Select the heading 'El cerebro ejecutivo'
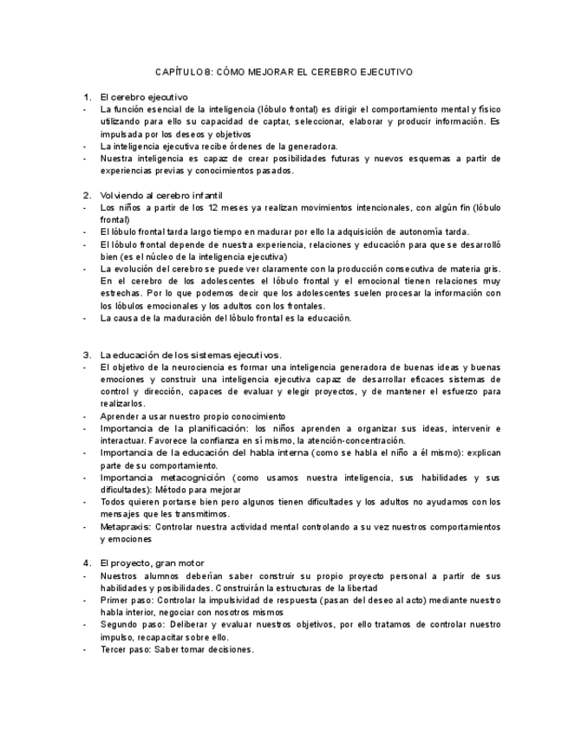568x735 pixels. [x=144, y=97]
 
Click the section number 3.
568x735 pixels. [x=87, y=355]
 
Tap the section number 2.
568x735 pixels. [x=87, y=196]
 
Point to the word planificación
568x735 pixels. [x=213, y=429]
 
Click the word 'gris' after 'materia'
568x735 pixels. [x=488, y=270]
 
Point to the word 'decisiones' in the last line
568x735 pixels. [x=228, y=649]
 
